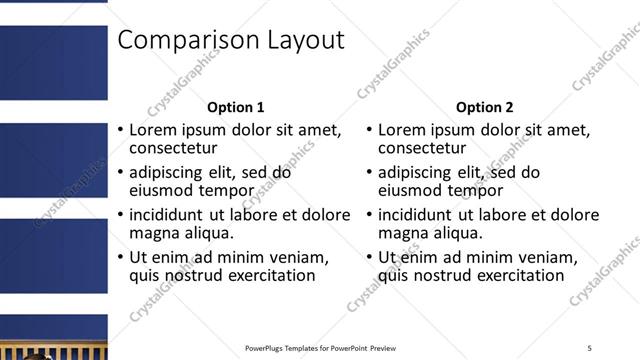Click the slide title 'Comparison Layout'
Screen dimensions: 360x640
point(231,40)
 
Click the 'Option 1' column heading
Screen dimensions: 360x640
point(235,107)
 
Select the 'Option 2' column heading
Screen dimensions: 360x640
point(485,107)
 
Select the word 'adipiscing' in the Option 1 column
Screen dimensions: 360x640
point(167,172)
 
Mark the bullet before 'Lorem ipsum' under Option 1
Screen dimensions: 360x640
point(120,131)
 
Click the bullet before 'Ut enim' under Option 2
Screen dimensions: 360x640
point(370,257)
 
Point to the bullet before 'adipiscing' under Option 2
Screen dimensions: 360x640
point(370,172)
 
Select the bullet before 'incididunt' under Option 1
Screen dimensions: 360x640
point(120,215)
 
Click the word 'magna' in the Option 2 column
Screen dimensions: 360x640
point(403,233)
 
